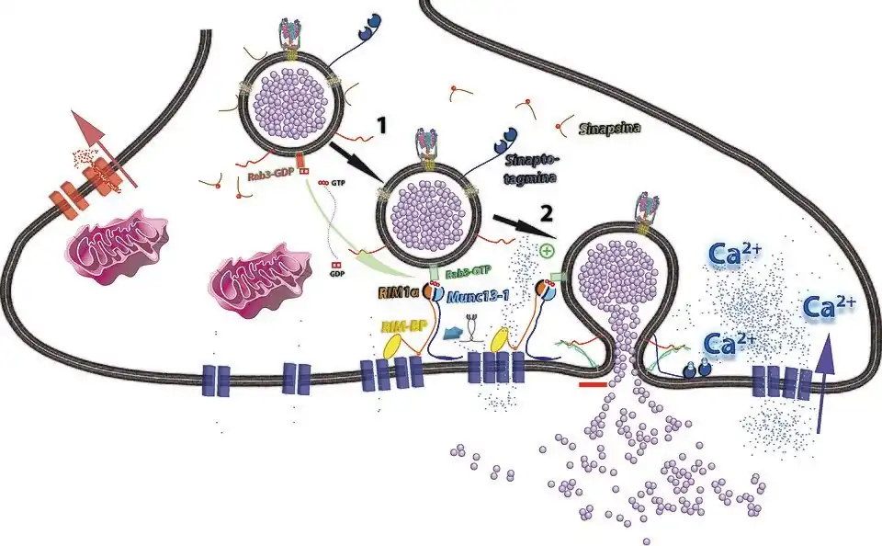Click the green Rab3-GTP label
[x=470, y=273]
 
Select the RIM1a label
[x=396, y=293]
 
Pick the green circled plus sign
[x=548, y=250]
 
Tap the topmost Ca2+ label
[x=732, y=253]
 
